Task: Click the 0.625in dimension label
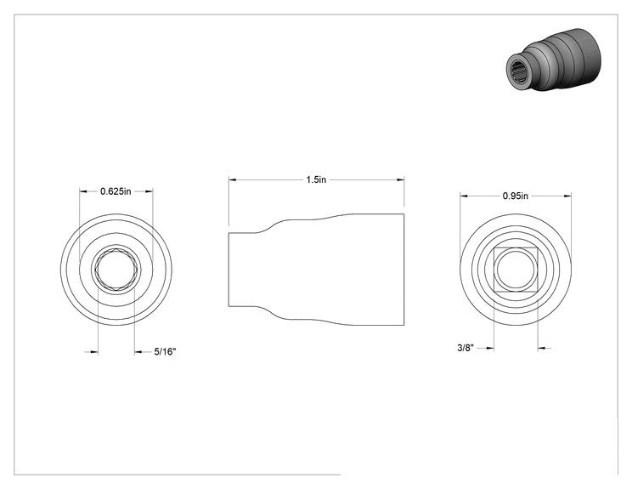coord(116,191)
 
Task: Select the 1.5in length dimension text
coord(316,179)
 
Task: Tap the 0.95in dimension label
coord(515,196)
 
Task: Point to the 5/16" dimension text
coord(166,352)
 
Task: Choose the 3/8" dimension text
coord(466,348)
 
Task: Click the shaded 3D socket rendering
coord(553,60)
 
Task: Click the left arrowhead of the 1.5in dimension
coord(232,179)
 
